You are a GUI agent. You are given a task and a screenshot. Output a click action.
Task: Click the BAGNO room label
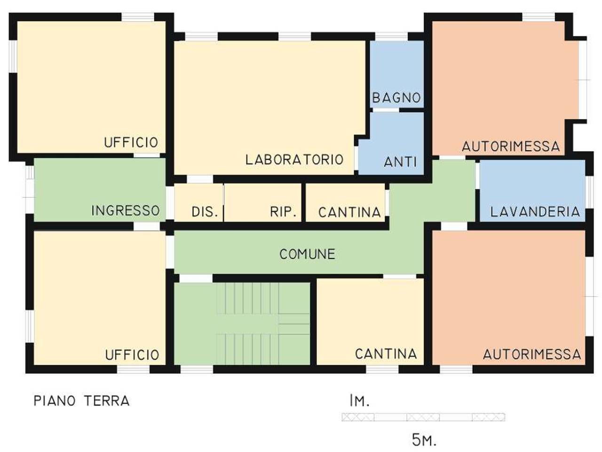tap(396, 98)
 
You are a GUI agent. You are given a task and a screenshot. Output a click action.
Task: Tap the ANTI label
tap(400, 162)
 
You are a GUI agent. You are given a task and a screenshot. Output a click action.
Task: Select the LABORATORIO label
tap(294, 160)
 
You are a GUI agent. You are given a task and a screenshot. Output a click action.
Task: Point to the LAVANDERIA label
tap(535, 211)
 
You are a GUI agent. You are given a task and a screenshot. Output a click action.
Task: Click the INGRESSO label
tap(125, 210)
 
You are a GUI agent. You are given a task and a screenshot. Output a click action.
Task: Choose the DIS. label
tap(205, 212)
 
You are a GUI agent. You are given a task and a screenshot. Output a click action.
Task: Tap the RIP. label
tap(284, 212)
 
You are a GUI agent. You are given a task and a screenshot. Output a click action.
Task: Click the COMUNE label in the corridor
tap(307, 254)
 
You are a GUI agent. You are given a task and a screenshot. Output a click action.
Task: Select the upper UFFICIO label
tap(131, 143)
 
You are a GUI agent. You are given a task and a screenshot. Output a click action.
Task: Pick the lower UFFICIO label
tap(132, 355)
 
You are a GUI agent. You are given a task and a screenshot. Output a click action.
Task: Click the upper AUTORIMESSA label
tap(511, 146)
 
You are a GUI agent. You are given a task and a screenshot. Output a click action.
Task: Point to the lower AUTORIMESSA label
tap(532, 354)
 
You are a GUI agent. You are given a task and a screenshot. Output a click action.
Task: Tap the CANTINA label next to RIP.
tap(349, 212)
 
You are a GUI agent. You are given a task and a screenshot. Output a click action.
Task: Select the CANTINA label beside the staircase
tap(386, 354)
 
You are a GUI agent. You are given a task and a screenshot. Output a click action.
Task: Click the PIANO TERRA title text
tap(81, 401)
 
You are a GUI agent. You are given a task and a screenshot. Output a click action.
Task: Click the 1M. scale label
tap(359, 401)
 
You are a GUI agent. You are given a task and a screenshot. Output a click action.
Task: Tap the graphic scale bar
tap(423, 417)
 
